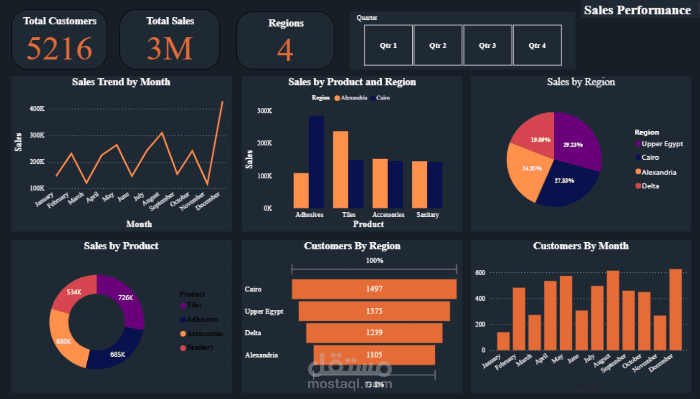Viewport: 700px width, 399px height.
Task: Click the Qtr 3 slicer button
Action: tap(488, 45)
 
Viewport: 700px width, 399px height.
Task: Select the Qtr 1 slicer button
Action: tap(388, 45)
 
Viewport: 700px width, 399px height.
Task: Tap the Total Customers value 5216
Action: tap(59, 49)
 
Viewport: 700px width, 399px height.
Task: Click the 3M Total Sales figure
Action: tap(170, 49)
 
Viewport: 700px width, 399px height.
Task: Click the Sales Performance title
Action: tap(637, 10)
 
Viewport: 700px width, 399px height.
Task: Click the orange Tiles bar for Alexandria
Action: tap(341, 169)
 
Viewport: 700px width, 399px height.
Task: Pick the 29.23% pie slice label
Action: tap(573, 145)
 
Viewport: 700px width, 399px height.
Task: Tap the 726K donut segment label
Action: tap(126, 297)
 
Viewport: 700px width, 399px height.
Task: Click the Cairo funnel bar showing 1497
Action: tap(374, 289)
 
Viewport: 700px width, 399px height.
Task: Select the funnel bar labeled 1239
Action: tap(374, 332)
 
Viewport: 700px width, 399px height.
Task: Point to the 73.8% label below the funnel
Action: tap(374, 384)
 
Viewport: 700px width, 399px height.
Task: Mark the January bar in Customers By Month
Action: tap(503, 341)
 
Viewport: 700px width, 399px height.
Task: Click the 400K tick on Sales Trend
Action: tap(37, 109)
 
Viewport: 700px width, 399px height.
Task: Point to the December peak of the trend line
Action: tap(223, 102)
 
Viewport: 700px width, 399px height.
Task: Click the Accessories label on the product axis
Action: tap(388, 215)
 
